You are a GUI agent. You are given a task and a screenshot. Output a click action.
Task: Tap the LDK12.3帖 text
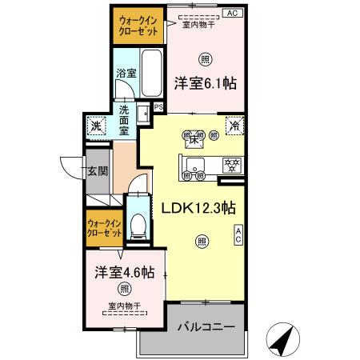tap(198, 206)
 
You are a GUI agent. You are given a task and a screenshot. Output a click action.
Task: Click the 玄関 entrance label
tap(98, 170)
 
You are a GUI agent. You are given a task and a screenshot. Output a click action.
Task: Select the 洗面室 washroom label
tap(124, 119)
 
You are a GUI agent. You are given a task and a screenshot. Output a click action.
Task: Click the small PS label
tap(158, 106)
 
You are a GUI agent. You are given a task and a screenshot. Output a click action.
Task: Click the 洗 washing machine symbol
tap(95, 126)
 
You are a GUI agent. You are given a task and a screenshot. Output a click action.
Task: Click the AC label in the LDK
tap(238, 234)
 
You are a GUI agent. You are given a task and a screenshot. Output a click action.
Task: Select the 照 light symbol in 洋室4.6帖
tap(124, 289)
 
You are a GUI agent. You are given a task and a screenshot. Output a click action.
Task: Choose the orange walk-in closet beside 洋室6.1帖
tap(137, 26)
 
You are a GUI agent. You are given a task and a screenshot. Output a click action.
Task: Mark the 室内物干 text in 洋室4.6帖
tap(124, 306)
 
